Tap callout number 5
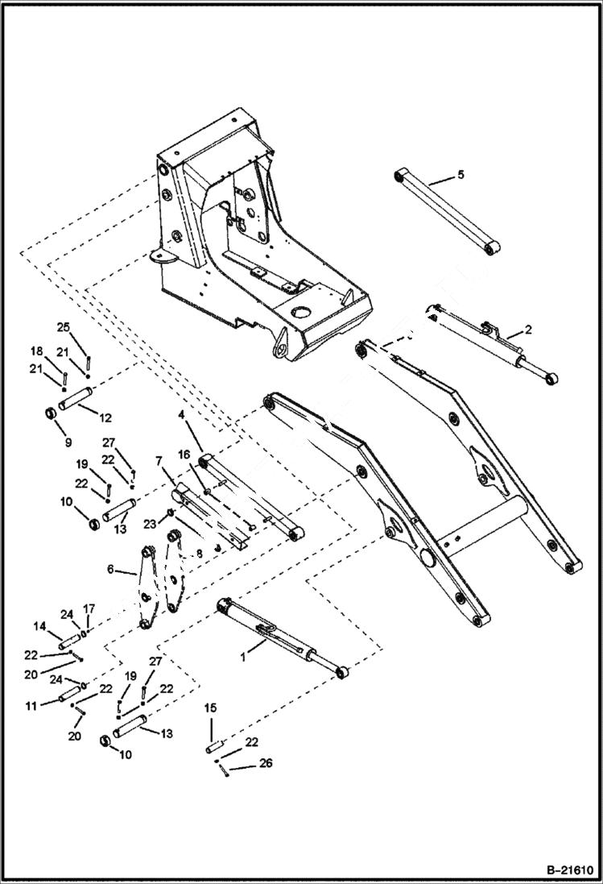pyautogui.click(x=461, y=174)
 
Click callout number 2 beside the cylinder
pyautogui.click(x=527, y=329)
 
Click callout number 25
pyautogui.click(x=64, y=326)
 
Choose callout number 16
pyautogui.click(x=185, y=455)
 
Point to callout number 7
pyautogui.click(x=160, y=459)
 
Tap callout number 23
pyautogui.click(x=150, y=523)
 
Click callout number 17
pyautogui.click(x=90, y=608)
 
